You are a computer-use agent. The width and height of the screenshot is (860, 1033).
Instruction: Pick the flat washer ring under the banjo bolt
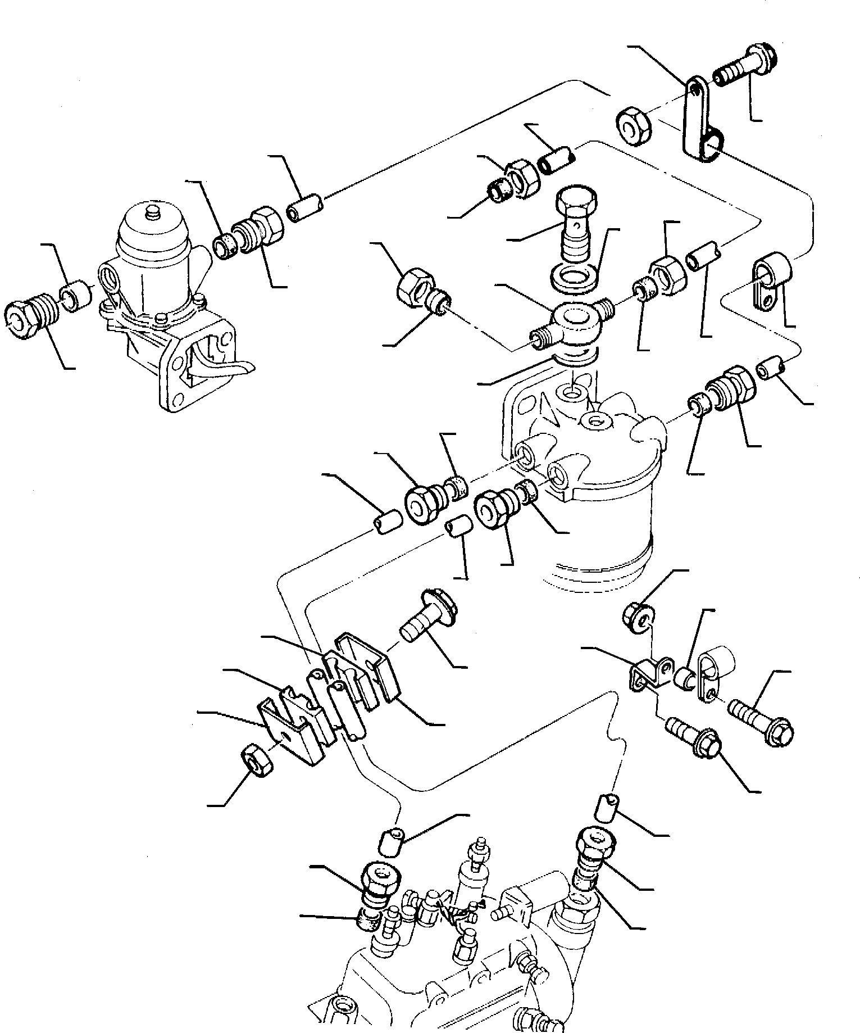tap(578, 279)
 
